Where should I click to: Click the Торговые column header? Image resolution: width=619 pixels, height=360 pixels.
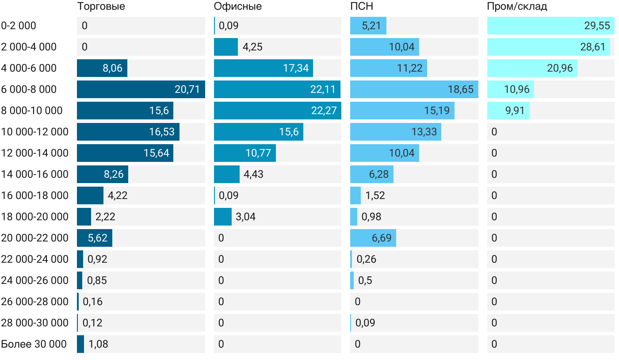click(x=101, y=7)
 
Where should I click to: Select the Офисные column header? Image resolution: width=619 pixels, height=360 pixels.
click(x=237, y=7)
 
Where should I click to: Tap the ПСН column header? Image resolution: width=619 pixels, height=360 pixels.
click(x=359, y=7)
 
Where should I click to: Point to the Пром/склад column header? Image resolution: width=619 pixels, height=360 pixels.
click(x=517, y=7)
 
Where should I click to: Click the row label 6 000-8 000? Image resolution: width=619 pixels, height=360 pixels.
click(x=29, y=89)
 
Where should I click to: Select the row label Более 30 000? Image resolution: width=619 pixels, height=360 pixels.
click(x=34, y=344)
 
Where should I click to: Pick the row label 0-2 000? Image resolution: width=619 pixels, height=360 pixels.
click(x=19, y=26)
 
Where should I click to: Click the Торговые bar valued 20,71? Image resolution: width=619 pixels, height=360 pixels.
click(x=141, y=89)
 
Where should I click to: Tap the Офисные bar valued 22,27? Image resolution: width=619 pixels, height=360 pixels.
click(x=277, y=111)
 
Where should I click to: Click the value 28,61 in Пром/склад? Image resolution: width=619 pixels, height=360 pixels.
click(x=592, y=47)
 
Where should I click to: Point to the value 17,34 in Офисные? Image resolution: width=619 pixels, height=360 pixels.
click(x=296, y=68)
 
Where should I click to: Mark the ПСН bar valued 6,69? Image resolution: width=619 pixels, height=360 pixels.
click(x=373, y=238)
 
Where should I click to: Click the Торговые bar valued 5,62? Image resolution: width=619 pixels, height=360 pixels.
click(x=95, y=238)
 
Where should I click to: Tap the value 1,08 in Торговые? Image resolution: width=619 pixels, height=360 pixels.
click(x=98, y=344)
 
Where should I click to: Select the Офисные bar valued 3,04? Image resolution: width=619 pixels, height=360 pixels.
click(x=223, y=217)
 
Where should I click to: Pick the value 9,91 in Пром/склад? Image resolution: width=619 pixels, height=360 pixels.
click(x=515, y=111)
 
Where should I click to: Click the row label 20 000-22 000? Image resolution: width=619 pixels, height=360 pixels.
click(x=34, y=238)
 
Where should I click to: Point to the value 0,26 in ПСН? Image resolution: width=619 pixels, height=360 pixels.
click(x=366, y=259)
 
